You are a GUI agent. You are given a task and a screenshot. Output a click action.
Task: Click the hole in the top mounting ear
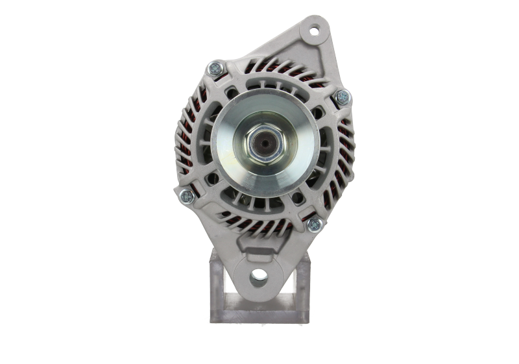coord(315,30)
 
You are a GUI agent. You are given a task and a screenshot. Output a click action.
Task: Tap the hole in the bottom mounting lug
coord(258,275)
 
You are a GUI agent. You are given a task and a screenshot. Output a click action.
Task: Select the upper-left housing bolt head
coord(215,67)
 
